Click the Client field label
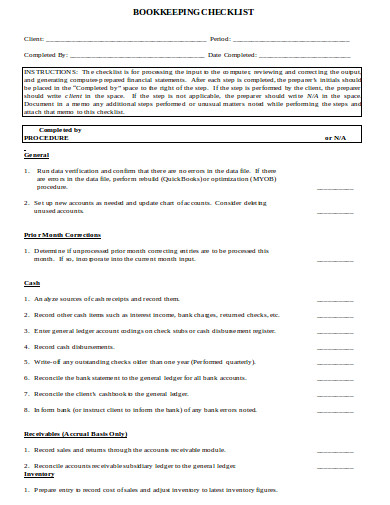[x=33, y=38]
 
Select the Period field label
[x=220, y=38]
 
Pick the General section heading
[x=36, y=157]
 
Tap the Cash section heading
[x=31, y=283]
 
